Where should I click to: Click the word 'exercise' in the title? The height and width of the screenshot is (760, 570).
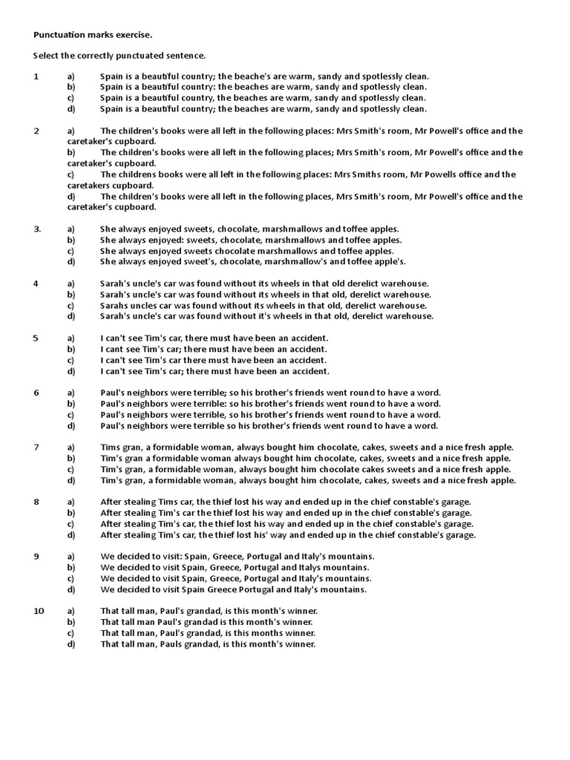click(x=134, y=34)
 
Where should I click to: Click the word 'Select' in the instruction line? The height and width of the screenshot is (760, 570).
click(x=46, y=56)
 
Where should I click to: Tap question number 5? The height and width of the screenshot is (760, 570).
click(x=36, y=338)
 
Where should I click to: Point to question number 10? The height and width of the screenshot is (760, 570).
click(x=39, y=611)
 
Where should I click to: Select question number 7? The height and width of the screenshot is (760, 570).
click(x=36, y=447)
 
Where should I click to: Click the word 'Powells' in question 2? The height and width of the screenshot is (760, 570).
click(x=435, y=174)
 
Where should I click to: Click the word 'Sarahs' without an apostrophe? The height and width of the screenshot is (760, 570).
click(x=115, y=305)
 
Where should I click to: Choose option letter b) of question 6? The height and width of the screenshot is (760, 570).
click(x=71, y=404)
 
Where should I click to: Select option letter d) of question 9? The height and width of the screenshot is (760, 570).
click(x=71, y=589)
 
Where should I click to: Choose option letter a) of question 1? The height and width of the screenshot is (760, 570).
click(x=71, y=76)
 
